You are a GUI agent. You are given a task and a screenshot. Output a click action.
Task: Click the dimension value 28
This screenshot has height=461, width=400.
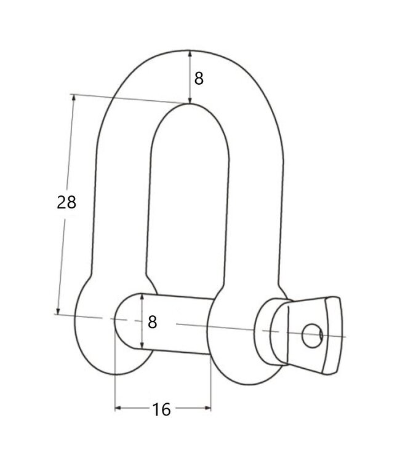tap(66, 202)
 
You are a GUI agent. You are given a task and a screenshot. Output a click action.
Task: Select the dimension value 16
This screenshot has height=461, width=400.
tap(162, 409)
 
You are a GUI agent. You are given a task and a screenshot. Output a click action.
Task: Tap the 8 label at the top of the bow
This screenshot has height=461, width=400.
tap(198, 78)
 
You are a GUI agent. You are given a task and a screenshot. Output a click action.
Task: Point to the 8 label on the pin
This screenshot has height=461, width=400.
tap(153, 321)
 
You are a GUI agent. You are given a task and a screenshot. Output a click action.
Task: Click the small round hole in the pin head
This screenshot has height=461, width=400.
tap(312, 335)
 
